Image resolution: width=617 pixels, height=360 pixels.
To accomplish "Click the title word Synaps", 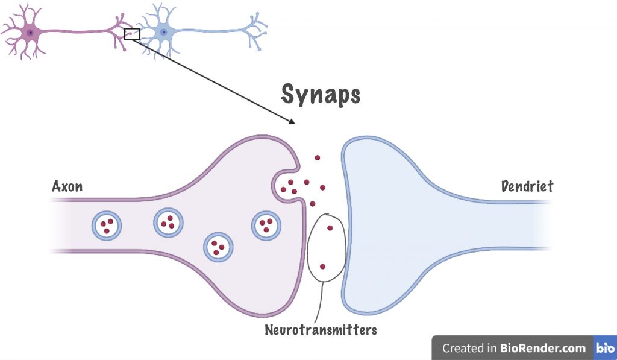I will coord(321,95).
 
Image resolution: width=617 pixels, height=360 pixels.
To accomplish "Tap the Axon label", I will coord(67,186).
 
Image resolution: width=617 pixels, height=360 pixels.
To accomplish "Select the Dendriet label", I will coord(527,186).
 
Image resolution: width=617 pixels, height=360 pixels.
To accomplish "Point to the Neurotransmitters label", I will coord(321,330).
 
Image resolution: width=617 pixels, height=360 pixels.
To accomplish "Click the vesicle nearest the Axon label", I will coord(107,226).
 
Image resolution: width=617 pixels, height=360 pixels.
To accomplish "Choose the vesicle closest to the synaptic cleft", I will coord(265,226).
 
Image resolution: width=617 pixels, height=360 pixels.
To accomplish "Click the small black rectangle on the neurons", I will coord(132,34).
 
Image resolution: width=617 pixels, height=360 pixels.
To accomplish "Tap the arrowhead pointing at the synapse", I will coord(292,121).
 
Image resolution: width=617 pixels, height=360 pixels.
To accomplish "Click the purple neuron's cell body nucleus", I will coord(30,32).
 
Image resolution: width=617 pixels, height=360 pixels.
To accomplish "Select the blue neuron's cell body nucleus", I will coord(163,32).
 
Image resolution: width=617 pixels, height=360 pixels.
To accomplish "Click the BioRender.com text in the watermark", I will coord(543,348).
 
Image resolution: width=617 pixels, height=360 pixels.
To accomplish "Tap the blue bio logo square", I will coord(604,348).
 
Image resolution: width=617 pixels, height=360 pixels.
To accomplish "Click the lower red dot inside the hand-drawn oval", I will coord(322,267).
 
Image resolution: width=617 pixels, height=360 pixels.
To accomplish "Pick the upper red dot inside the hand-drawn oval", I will coord(330,228).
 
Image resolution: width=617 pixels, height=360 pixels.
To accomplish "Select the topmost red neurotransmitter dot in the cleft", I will coord(317,158).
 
